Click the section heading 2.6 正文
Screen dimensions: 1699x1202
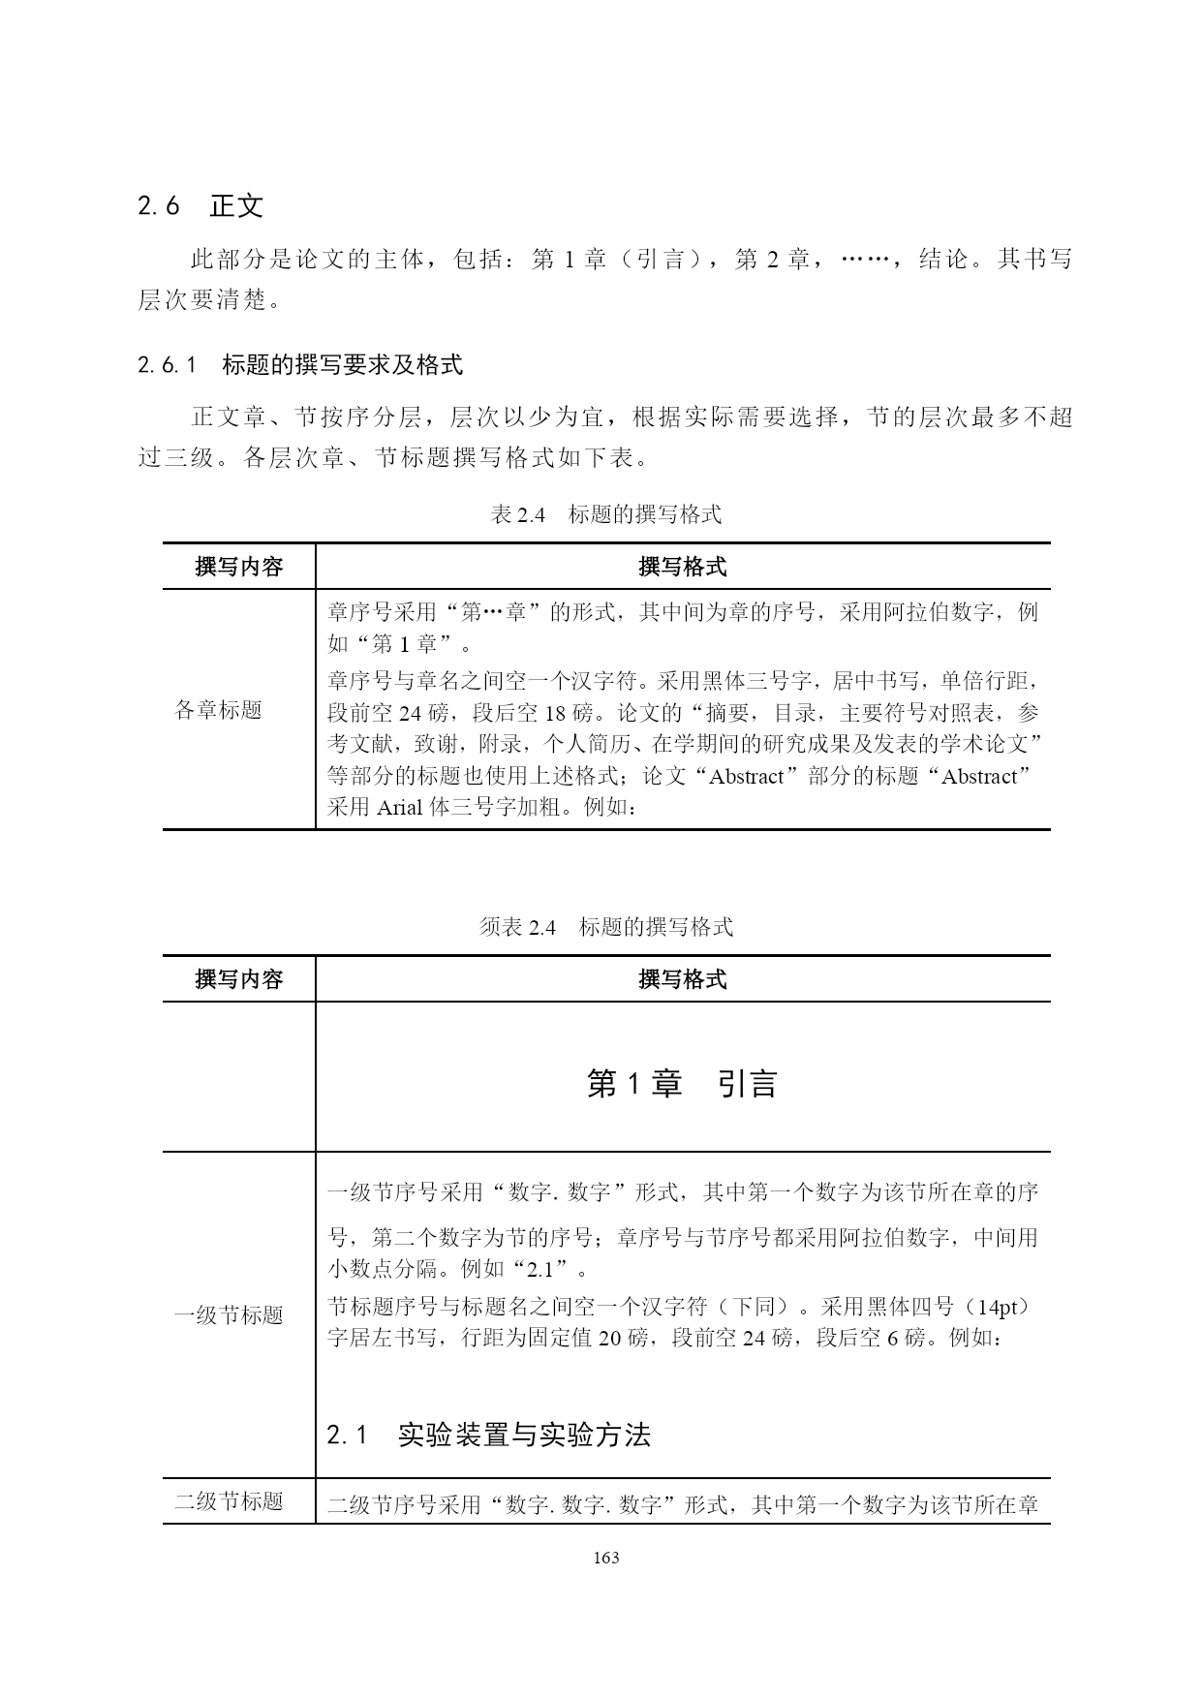tap(200, 206)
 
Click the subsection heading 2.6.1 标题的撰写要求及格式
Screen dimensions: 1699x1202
tap(300, 365)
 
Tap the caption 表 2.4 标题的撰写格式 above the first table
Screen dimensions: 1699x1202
tap(606, 514)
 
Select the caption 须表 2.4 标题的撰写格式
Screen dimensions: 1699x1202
tap(606, 927)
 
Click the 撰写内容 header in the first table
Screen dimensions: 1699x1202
tap(239, 567)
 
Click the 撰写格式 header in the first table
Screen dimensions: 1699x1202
tap(683, 567)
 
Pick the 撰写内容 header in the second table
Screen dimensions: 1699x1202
tap(239, 979)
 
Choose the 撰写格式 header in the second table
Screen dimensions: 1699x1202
tap(683, 979)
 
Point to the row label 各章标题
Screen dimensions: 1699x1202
tap(218, 710)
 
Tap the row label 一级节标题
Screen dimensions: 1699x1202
tap(229, 1314)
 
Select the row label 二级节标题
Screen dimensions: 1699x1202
tap(229, 1500)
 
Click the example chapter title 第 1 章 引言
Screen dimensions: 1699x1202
tap(682, 1084)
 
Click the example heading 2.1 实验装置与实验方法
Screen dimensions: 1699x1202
tap(488, 1435)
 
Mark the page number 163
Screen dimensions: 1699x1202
tap(605, 1558)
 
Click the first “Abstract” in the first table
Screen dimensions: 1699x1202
tap(747, 776)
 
